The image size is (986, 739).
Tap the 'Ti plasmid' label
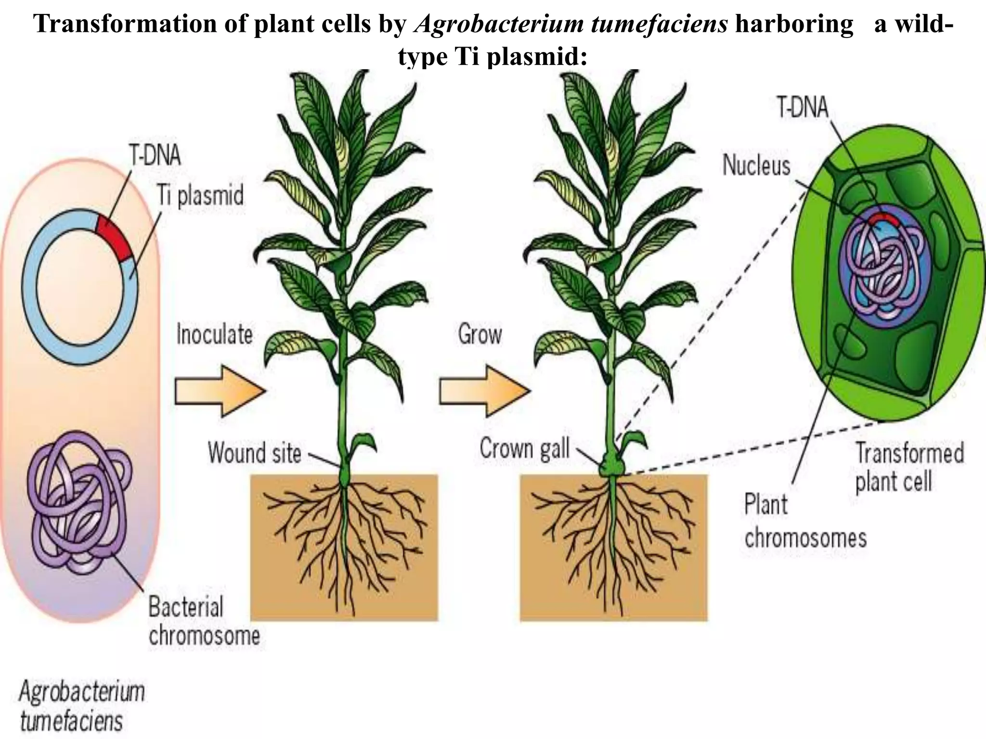click(x=200, y=196)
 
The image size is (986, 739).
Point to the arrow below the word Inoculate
click(x=220, y=391)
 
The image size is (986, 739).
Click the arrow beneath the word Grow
click(x=484, y=391)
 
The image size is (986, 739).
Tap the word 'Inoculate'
click(x=215, y=334)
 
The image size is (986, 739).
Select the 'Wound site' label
click(x=255, y=453)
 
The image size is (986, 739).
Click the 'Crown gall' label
click(x=524, y=448)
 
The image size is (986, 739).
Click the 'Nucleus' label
click(x=756, y=166)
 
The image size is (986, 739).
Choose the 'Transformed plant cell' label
click(x=909, y=467)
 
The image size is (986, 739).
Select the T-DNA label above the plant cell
click(x=803, y=107)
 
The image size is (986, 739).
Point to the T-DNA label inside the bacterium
click(x=155, y=155)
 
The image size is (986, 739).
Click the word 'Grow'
click(x=480, y=334)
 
